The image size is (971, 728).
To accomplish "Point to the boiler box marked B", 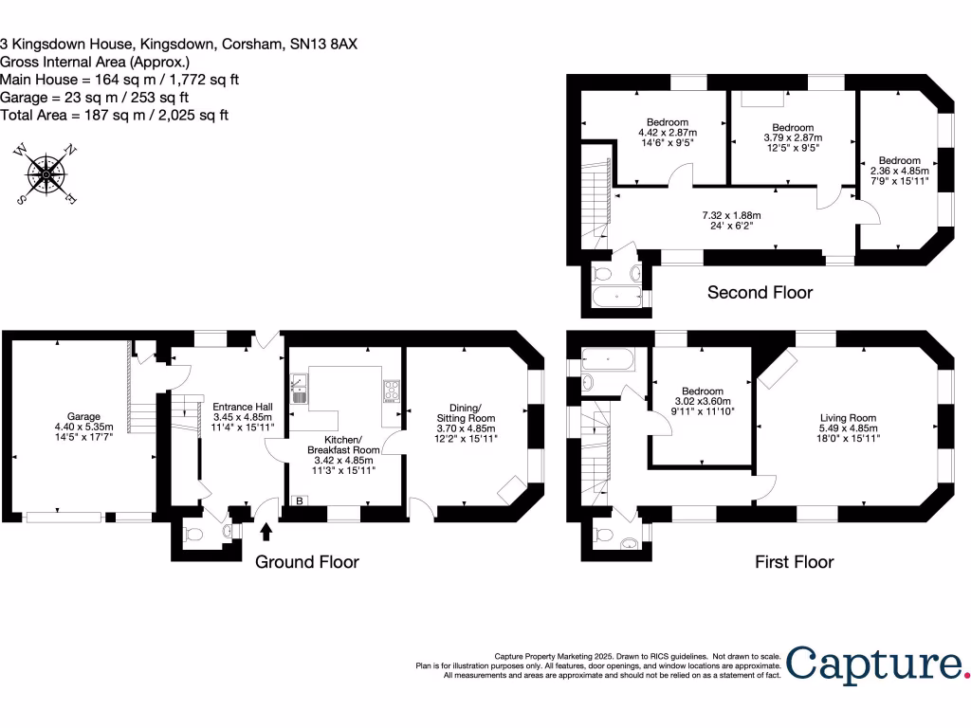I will point(301,500).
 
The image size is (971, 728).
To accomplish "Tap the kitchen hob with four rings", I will point(391,390).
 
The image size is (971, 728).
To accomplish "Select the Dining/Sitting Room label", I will point(466,424).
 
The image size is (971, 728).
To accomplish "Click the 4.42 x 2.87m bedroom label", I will point(668,133).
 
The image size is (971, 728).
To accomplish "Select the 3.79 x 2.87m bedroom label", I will point(793,137).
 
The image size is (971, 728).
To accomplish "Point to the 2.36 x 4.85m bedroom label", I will point(899,171).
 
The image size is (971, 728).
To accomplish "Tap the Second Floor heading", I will point(760,292).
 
